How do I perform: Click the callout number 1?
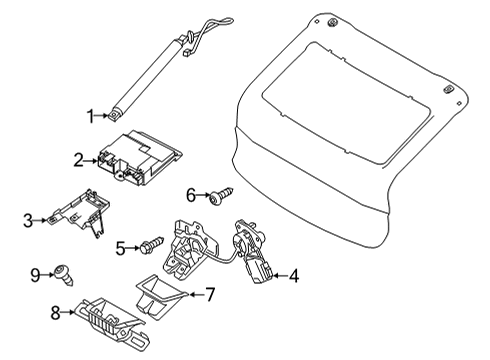(91, 117)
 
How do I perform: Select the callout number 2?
(78, 158)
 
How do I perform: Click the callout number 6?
(190, 194)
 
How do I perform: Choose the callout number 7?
(210, 294)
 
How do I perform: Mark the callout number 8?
(57, 311)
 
